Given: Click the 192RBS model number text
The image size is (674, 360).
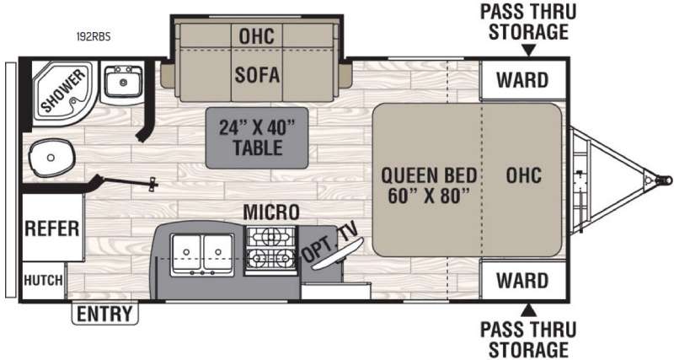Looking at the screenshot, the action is (x=94, y=36).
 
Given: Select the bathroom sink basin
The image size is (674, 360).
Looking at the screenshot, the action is (x=122, y=82).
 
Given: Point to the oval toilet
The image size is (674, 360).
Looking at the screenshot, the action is (x=51, y=158).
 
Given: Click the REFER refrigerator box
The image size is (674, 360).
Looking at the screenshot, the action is (x=52, y=228).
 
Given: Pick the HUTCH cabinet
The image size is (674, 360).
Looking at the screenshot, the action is (x=43, y=281).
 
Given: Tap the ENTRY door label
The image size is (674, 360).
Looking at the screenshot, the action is (x=104, y=314).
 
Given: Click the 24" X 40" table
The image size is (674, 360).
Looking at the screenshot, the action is (x=257, y=137).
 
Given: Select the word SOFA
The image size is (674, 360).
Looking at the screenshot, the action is (x=257, y=75).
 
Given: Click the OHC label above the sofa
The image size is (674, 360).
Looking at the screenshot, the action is (x=257, y=35).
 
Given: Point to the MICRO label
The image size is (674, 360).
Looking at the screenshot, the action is (x=270, y=212).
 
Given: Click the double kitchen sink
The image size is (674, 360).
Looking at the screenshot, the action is (x=202, y=255).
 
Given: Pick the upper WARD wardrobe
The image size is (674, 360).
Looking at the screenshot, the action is (x=522, y=80).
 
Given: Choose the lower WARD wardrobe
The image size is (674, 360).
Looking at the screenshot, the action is (x=522, y=280).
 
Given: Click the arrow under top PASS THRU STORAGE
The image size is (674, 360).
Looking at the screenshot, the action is (x=529, y=51).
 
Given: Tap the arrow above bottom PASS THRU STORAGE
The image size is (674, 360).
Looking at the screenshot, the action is (x=529, y=309).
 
